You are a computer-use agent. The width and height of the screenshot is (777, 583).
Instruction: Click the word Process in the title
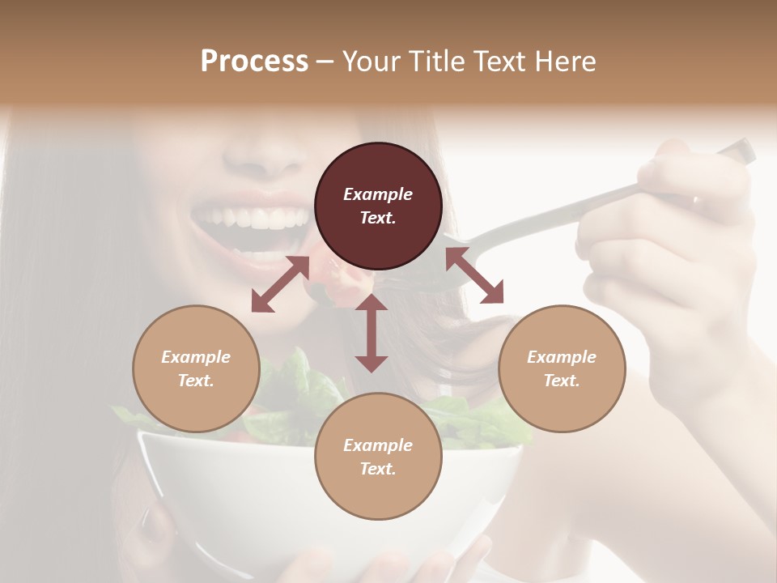click(254, 62)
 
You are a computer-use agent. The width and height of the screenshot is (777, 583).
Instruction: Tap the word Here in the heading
click(565, 62)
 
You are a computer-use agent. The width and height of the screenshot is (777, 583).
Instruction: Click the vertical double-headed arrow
click(372, 334)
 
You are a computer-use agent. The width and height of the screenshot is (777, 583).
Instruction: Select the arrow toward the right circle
click(474, 276)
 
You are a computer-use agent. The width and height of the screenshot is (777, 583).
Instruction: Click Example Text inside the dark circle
click(378, 206)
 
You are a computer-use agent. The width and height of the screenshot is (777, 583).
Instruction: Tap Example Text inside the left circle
click(196, 368)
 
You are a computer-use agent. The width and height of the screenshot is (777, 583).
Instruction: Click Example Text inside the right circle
click(562, 368)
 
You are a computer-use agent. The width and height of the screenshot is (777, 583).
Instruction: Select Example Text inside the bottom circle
click(378, 457)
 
